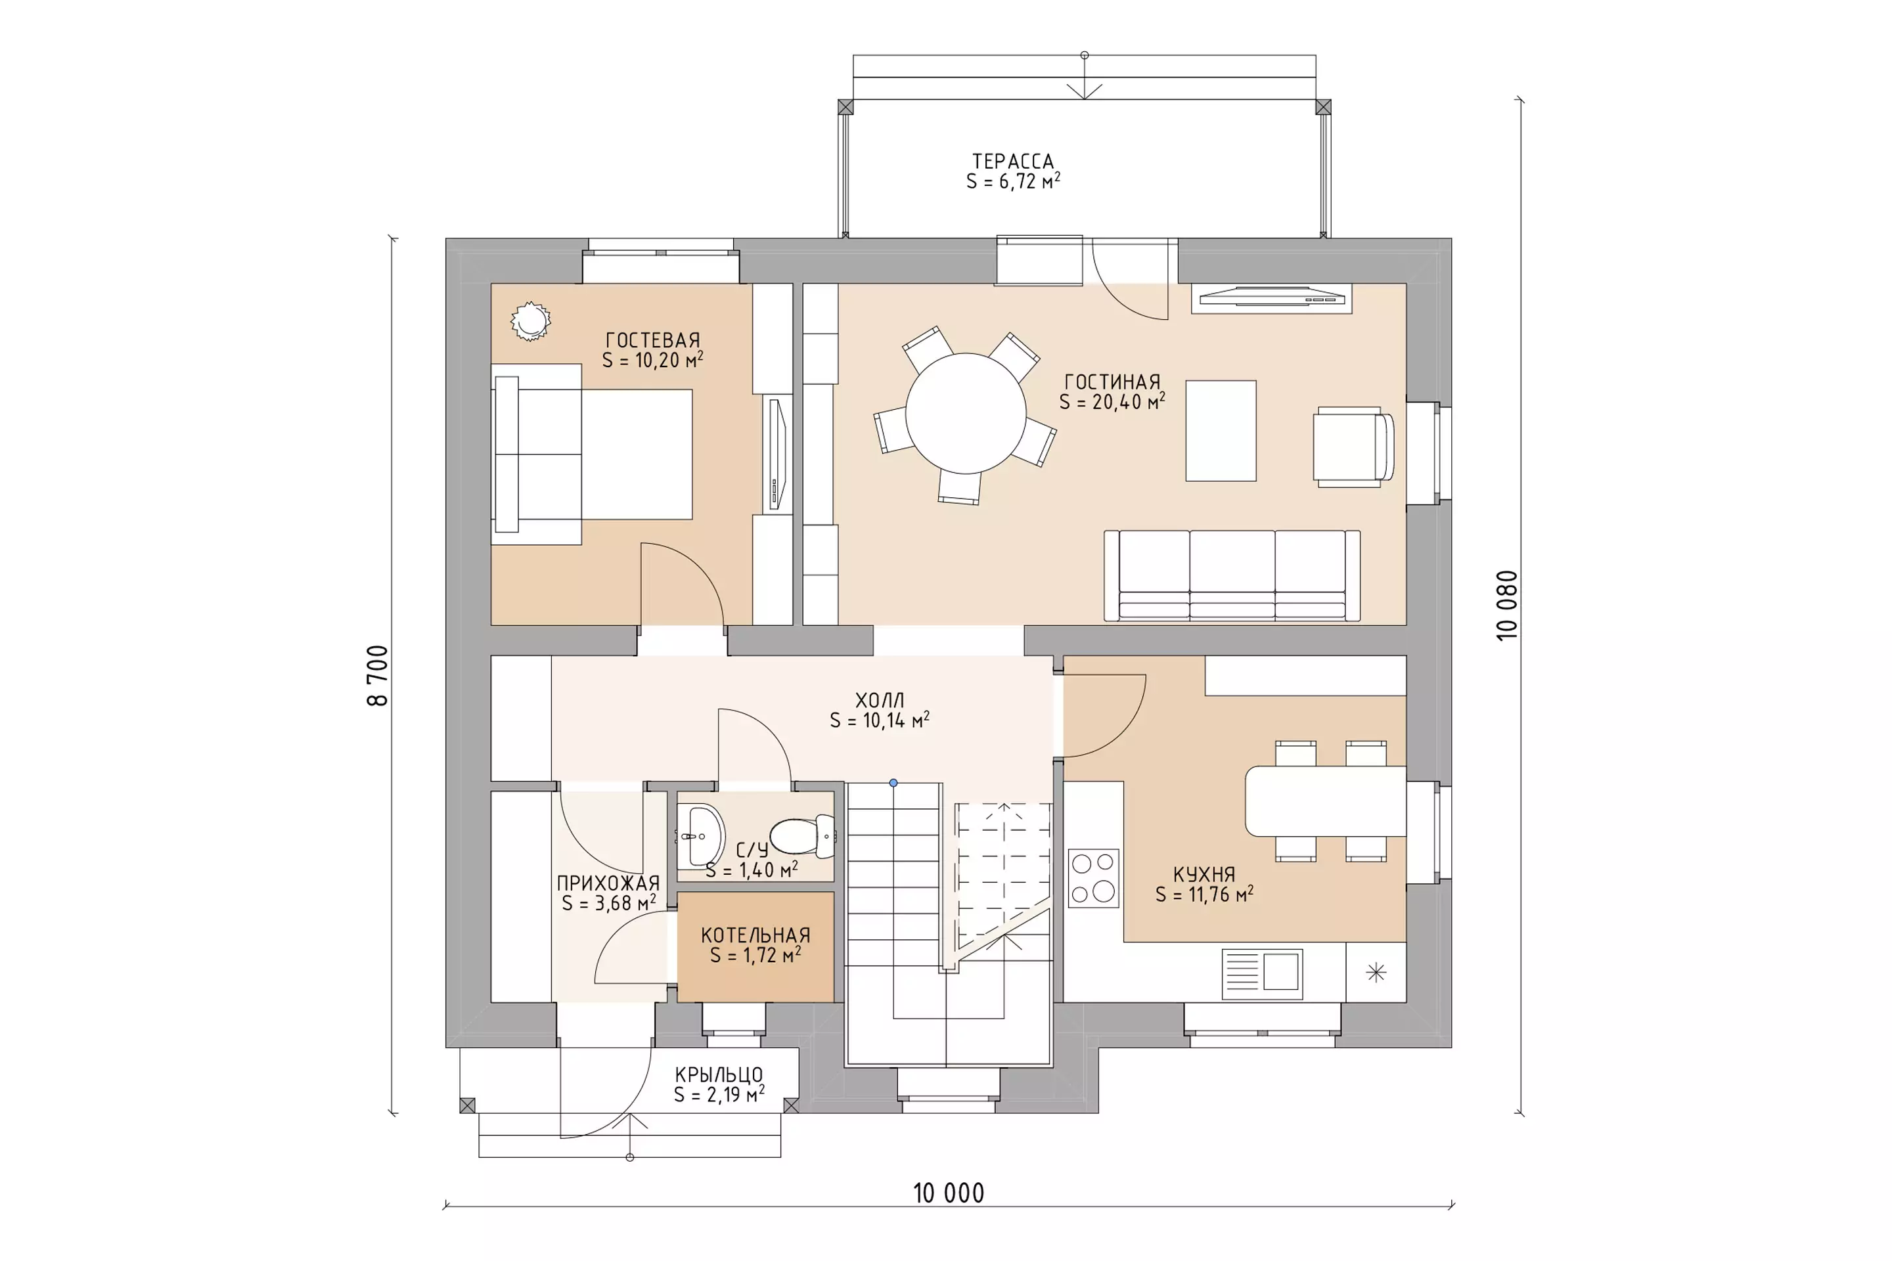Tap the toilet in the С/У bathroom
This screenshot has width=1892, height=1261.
click(803, 836)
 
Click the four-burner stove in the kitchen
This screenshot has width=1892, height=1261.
click(1093, 878)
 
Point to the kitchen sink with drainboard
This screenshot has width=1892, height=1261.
click(1261, 974)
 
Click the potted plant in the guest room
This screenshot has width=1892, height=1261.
click(530, 321)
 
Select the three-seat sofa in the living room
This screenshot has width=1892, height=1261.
click(1232, 576)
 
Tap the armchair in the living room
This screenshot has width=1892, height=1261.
click(1353, 447)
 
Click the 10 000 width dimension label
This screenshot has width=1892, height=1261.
click(949, 1193)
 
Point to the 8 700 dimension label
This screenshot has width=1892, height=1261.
click(377, 676)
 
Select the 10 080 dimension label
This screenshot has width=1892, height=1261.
click(1506, 606)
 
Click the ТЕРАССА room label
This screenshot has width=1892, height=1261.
click(1013, 162)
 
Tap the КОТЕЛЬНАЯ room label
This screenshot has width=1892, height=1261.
click(755, 935)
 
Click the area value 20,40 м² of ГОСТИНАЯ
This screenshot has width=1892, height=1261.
click(1128, 401)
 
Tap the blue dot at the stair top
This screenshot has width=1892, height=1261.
click(893, 782)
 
